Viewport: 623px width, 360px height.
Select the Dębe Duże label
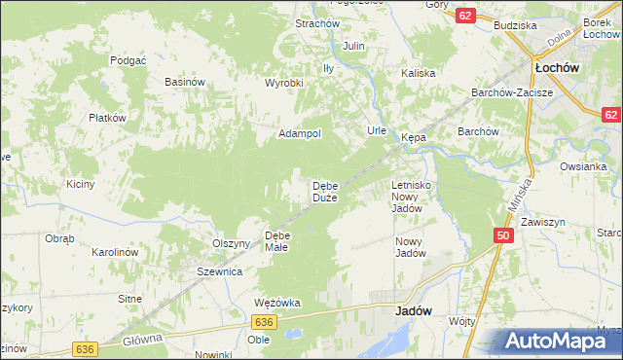(x=324, y=192)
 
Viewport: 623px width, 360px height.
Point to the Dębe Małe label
(x=277, y=240)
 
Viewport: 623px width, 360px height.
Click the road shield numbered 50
(x=503, y=235)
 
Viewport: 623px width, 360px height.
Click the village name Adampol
(x=300, y=133)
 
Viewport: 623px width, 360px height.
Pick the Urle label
(x=377, y=130)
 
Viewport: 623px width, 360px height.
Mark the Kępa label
(x=411, y=138)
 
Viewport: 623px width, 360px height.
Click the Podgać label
(x=128, y=59)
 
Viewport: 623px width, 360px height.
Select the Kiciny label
(x=80, y=184)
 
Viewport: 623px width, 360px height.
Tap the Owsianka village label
(x=583, y=166)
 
